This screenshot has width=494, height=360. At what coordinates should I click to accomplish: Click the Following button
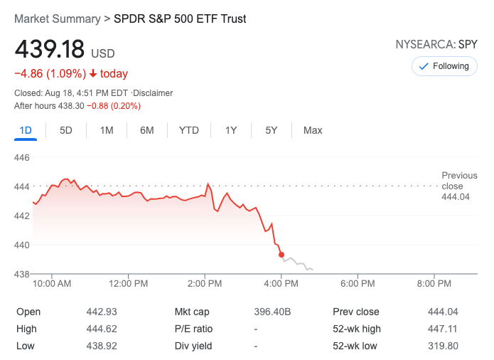coord(444,66)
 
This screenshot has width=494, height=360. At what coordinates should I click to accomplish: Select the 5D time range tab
coord(66,130)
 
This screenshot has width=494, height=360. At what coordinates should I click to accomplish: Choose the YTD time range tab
coord(189,130)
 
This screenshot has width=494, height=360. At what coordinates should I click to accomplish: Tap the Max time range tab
coord(313,130)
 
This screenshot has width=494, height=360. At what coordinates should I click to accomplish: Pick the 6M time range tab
coord(147,130)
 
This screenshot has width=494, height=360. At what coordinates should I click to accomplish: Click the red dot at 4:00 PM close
coord(281,254)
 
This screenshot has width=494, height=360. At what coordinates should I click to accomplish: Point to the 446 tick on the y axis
coord(22,157)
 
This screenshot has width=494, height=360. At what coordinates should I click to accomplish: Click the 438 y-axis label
coord(22,274)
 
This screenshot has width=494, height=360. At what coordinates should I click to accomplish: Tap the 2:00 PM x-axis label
coord(205,283)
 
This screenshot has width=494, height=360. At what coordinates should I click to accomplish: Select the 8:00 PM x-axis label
coord(434,283)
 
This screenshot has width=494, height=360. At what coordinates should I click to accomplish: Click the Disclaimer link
coord(154,93)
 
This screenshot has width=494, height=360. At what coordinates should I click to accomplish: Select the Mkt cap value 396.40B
coord(273,312)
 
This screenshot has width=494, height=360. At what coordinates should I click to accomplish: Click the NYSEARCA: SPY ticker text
coord(436,44)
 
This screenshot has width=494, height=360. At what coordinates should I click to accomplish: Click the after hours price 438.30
coord(71,106)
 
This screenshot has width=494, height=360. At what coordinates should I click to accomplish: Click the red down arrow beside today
coord(92,74)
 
